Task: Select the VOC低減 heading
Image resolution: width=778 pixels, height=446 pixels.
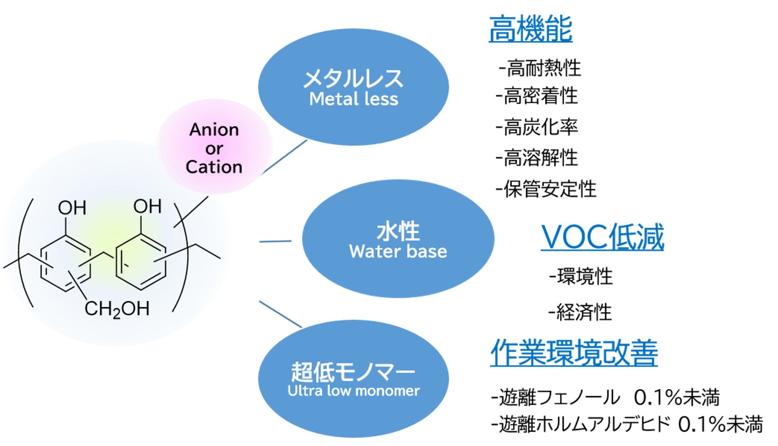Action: [x=602, y=237]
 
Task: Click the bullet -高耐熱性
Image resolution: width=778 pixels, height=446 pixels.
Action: [x=540, y=68]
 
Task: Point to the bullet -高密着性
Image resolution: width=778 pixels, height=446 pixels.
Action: [x=537, y=96]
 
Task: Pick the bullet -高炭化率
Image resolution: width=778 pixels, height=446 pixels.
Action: [x=537, y=127]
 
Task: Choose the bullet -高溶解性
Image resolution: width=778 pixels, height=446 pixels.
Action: [x=537, y=158]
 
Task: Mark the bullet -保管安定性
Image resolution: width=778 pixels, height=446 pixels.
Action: [x=546, y=189]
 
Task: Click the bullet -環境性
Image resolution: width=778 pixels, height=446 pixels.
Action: [x=581, y=276]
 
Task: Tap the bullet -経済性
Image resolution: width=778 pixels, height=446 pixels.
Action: [x=580, y=312]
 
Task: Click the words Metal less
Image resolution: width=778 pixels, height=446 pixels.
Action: [x=353, y=99]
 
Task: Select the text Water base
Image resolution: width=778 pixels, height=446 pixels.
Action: [x=398, y=251]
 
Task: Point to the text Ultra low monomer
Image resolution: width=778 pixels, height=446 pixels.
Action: [x=353, y=391]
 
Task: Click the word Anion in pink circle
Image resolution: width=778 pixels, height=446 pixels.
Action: [x=214, y=130]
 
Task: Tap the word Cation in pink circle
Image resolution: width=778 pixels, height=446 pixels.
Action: [x=214, y=167]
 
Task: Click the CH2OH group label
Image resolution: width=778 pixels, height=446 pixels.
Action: [x=117, y=309]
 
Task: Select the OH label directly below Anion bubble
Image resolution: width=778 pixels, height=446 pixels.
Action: [x=147, y=207]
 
